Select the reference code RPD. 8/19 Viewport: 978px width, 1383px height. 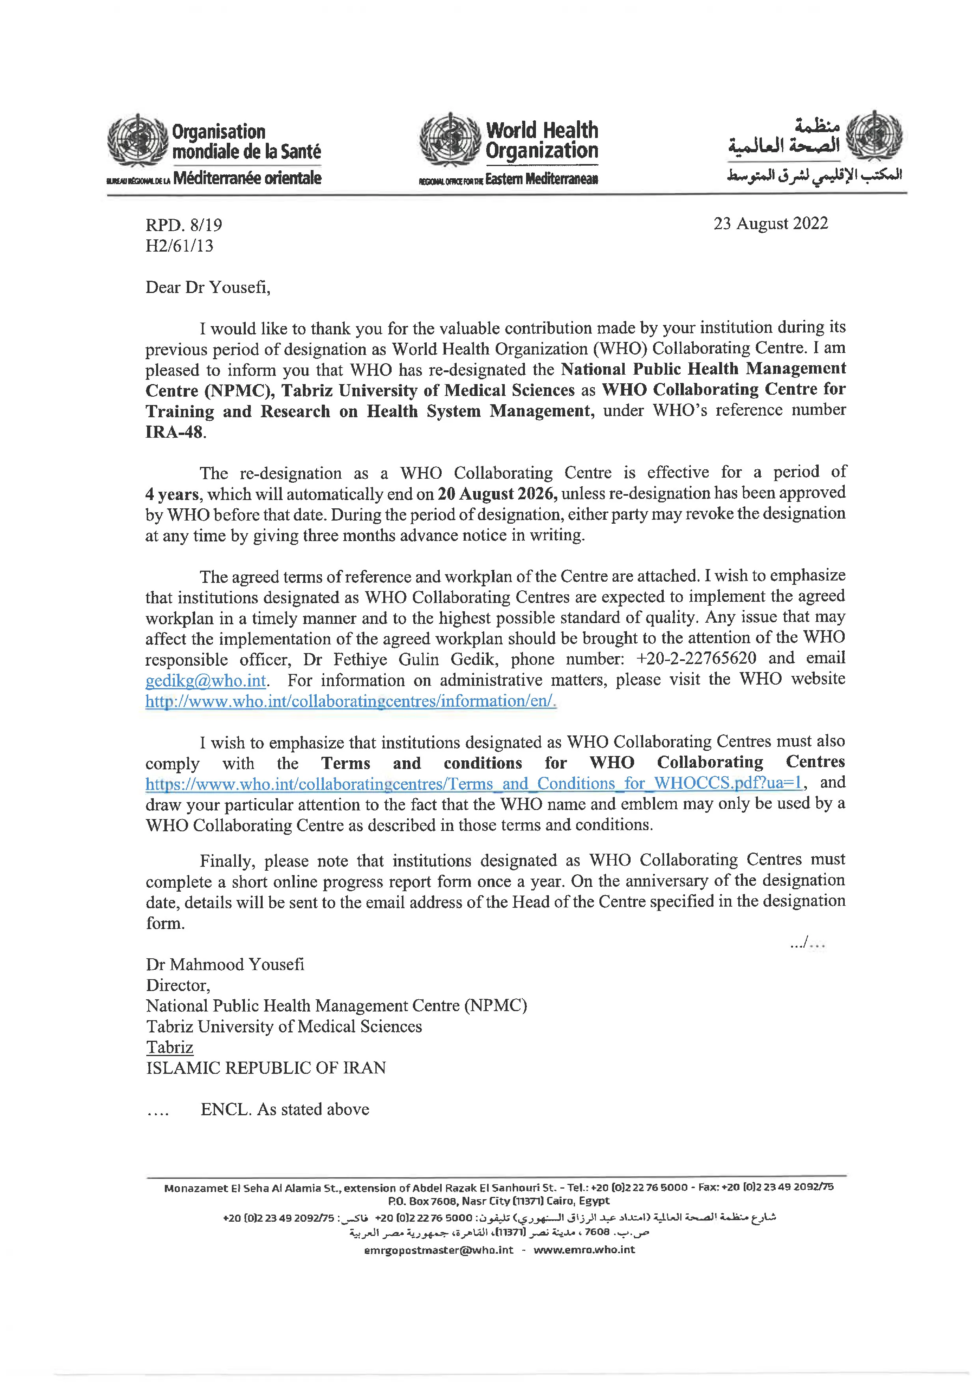(x=184, y=225)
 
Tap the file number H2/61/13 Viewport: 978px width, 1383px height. (x=179, y=246)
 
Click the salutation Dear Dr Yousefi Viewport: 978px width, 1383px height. (x=208, y=287)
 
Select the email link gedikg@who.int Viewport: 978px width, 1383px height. (x=206, y=681)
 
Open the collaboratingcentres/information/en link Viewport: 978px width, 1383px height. (x=351, y=701)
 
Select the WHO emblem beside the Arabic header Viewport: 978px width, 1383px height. (x=874, y=136)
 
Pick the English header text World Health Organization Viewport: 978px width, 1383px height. (x=541, y=140)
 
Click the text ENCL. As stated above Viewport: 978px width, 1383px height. (x=285, y=1110)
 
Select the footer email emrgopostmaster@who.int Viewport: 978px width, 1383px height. (x=439, y=1250)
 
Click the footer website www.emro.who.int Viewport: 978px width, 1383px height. (x=584, y=1250)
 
